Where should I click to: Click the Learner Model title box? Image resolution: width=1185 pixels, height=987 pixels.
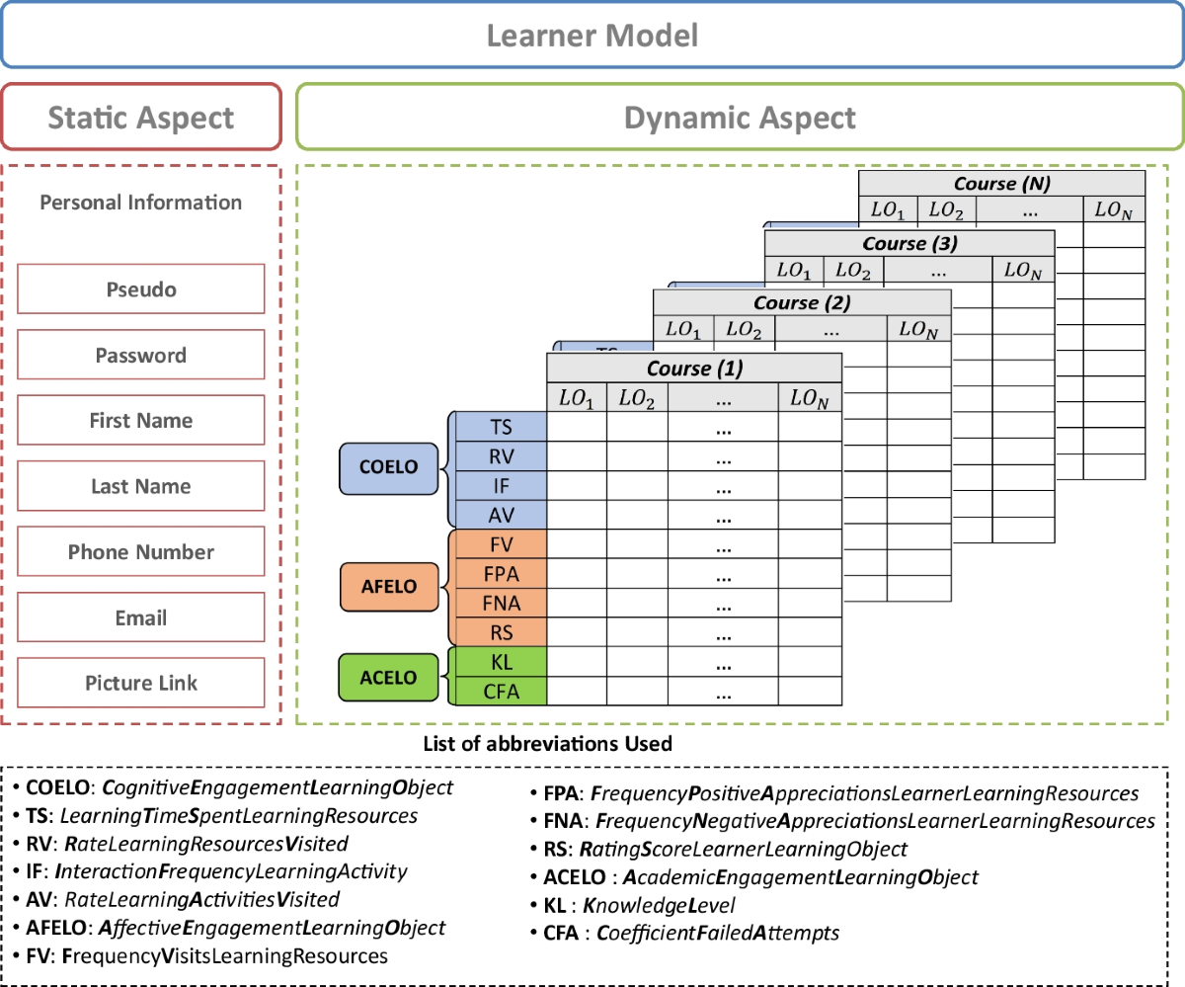pos(592,37)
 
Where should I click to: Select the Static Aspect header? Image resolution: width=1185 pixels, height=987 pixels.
pos(141,119)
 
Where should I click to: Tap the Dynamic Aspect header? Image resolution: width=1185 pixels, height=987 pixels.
pos(740,119)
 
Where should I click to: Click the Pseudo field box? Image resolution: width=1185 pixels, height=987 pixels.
pos(141,289)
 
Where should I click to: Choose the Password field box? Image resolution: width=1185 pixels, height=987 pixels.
pos(141,355)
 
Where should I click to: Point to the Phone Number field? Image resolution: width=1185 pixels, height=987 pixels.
pos(141,551)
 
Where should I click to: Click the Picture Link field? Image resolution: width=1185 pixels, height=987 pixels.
pos(141,683)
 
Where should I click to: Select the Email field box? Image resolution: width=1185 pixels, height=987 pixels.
pos(141,617)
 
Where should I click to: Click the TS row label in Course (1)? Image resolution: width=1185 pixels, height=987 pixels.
pos(500,426)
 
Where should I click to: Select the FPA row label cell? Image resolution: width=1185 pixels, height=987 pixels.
pos(500,573)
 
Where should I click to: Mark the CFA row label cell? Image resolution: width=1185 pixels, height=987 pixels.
pos(500,692)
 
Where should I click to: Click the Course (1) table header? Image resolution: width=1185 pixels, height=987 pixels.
pos(694,369)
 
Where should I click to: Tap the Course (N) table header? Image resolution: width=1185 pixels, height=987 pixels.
pos(1001,184)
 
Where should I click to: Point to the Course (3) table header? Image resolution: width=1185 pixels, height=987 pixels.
pos(909,243)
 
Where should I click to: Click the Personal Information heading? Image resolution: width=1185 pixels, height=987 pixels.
pos(141,203)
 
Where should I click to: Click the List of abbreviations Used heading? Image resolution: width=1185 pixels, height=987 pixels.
pos(547,743)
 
